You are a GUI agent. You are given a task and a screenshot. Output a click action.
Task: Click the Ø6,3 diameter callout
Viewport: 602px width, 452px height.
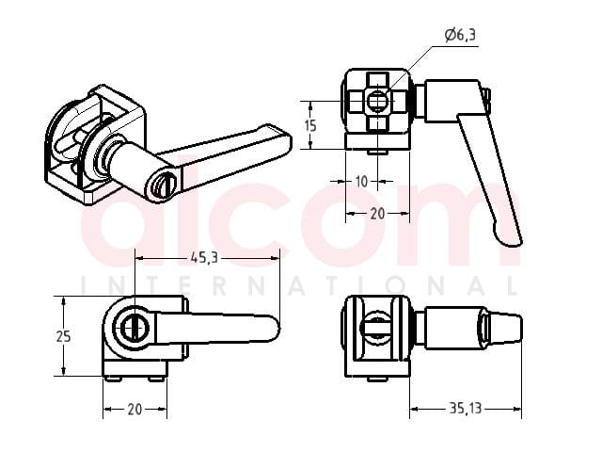tap(460, 35)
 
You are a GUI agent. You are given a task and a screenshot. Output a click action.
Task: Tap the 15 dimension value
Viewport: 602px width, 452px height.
tap(310, 125)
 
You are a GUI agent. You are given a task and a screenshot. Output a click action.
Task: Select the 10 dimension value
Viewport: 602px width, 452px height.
tap(361, 182)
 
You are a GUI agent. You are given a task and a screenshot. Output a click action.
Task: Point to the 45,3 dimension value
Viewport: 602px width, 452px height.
tap(204, 257)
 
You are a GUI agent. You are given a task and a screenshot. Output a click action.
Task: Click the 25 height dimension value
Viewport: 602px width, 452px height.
tap(64, 336)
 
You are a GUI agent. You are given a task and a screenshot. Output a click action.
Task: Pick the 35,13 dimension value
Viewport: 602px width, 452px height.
tap(466, 408)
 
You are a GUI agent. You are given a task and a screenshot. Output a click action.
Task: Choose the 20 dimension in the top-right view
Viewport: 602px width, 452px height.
tap(377, 214)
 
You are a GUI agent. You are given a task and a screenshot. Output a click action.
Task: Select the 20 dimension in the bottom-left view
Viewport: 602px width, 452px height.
tap(135, 410)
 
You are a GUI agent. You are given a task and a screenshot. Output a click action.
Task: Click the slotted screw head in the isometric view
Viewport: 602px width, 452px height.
tap(163, 186)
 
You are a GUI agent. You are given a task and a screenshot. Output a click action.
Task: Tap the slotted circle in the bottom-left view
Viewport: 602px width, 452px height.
tap(135, 328)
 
